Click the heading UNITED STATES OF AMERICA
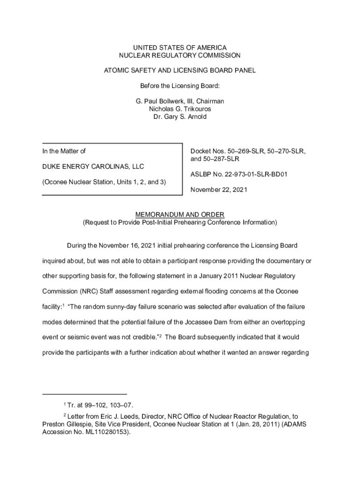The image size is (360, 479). (180, 48)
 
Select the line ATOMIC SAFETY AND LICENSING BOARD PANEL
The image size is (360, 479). (180, 71)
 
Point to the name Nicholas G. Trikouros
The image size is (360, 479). (180, 109)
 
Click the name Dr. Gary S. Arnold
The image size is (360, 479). (180, 116)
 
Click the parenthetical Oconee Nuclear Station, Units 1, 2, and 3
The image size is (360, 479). (104, 181)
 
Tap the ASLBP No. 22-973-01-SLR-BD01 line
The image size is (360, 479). (238, 174)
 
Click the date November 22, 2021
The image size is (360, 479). (218, 190)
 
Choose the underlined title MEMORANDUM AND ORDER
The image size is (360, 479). (180, 215)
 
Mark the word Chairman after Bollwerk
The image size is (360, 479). (210, 102)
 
